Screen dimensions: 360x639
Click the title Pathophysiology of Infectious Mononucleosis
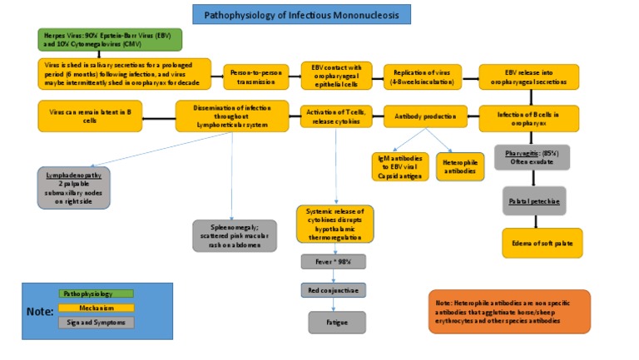(x=301, y=14)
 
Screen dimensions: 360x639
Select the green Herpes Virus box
(x=108, y=40)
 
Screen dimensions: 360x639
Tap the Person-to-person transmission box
(x=255, y=76)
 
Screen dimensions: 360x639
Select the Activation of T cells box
(x=336, y=117)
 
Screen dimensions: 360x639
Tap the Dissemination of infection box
(x=232, y=116)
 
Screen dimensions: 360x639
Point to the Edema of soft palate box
(x=542, y=242)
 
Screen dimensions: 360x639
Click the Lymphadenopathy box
(x=73, y=188)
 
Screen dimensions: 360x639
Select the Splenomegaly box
(x=235, y=235)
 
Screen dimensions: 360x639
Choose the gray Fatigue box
(x=336, y=321)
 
